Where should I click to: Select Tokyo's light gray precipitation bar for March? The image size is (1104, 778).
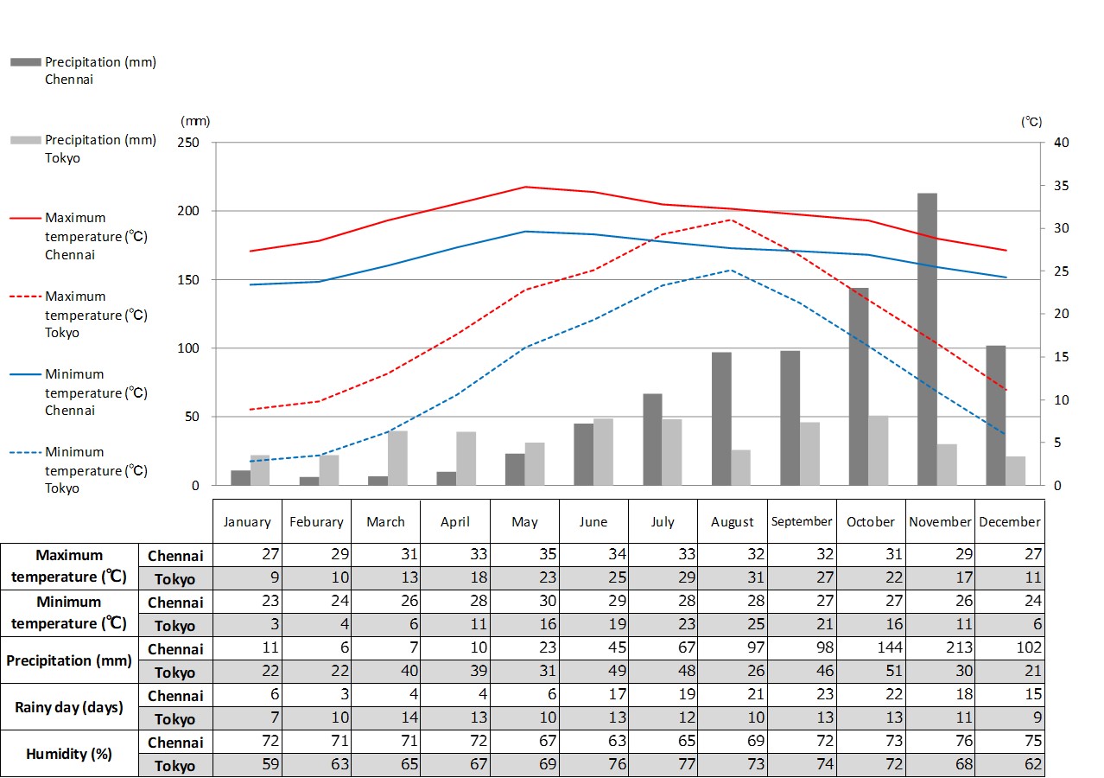tap(397, 458)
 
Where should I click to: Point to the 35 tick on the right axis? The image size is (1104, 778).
tap(1061, 186)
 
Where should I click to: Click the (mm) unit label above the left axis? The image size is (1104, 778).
tap(194, 122)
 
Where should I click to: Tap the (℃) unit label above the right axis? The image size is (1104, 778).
tap(1031, 122)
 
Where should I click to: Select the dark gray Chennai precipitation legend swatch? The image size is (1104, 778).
tap(26, 62)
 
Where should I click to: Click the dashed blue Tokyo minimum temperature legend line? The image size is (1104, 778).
tap(26, 452)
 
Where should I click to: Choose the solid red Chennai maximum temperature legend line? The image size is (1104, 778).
tap(26, 218)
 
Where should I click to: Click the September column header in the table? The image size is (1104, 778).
tap(802, 521)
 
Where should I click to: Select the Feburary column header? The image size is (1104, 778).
tap(316, 521)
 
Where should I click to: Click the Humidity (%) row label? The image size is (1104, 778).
tap(69, 754)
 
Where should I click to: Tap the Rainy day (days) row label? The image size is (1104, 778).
tap(69, 707)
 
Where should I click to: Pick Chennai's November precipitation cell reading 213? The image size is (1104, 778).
tap(940, 647)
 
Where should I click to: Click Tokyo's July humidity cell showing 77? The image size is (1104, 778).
tap(663, 764)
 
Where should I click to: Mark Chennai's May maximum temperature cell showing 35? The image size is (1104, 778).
tap(524, 555)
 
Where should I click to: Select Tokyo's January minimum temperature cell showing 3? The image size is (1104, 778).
tap(248, 625)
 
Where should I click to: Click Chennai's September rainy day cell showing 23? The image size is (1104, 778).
tap(802, 694)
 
